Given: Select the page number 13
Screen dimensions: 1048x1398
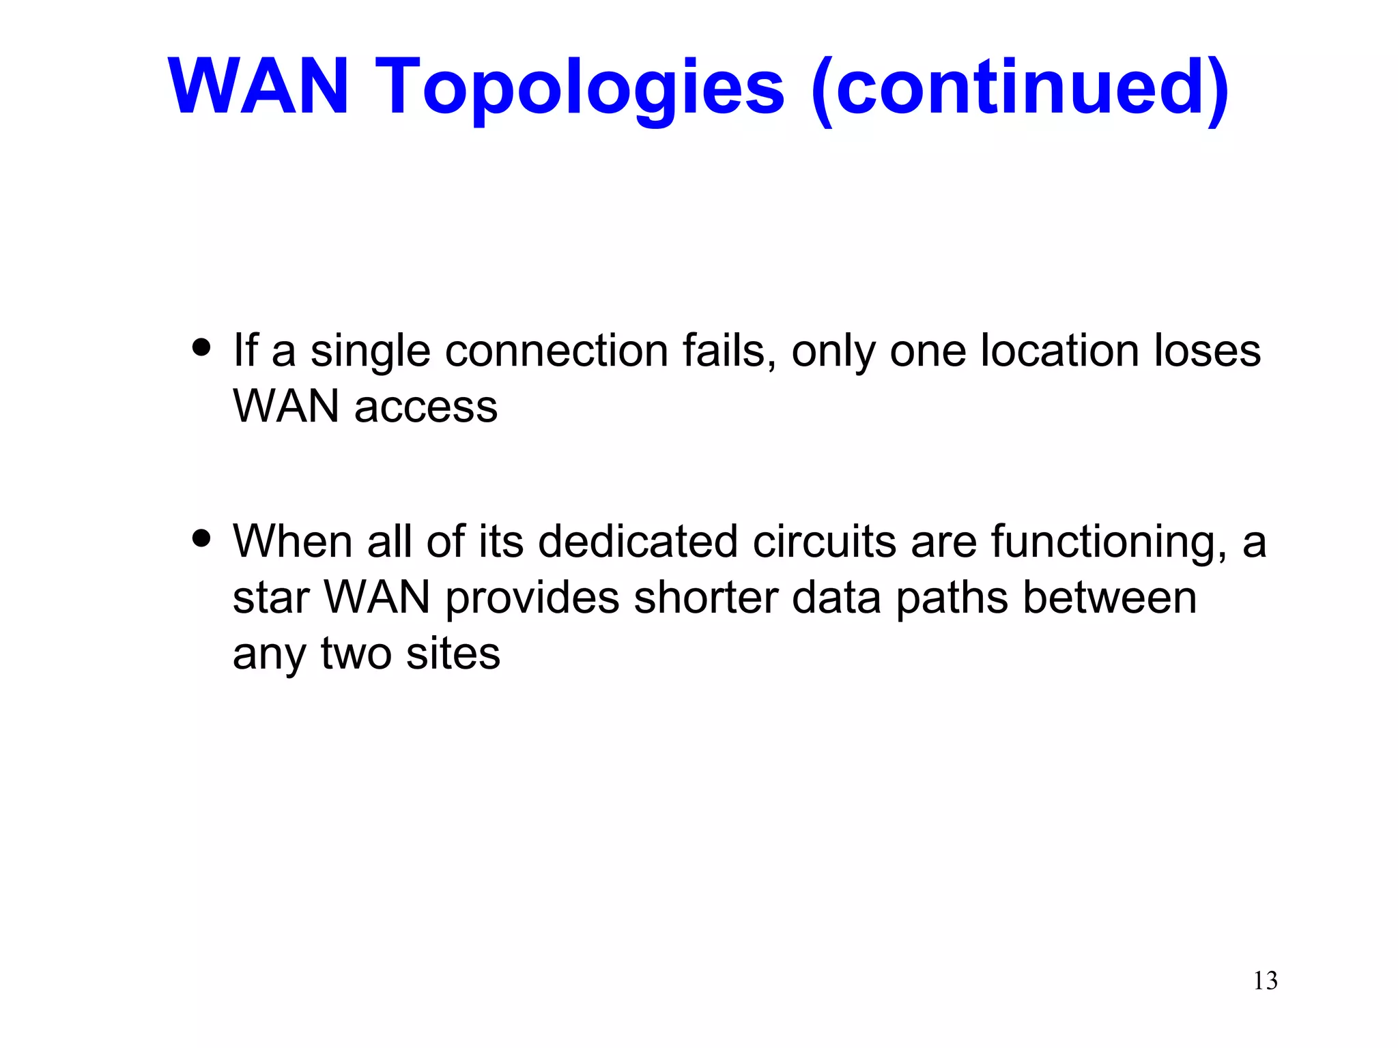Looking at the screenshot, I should [1265, 981].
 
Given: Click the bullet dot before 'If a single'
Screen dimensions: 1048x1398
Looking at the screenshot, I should [201, 347].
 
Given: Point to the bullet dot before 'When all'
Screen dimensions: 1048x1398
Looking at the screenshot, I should [201, 538].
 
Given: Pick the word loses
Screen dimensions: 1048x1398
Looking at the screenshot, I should [1208, 351].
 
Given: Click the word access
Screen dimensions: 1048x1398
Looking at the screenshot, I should [426, 407].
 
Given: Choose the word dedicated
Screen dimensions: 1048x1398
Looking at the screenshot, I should [638, 542].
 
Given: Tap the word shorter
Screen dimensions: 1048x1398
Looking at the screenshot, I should [706, 598].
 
